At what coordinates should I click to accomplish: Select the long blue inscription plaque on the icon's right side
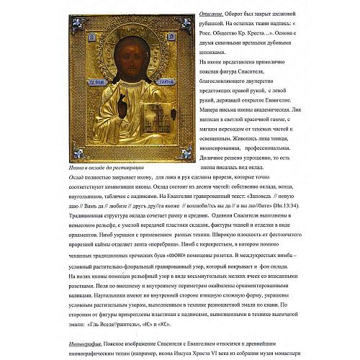pos(158,101)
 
